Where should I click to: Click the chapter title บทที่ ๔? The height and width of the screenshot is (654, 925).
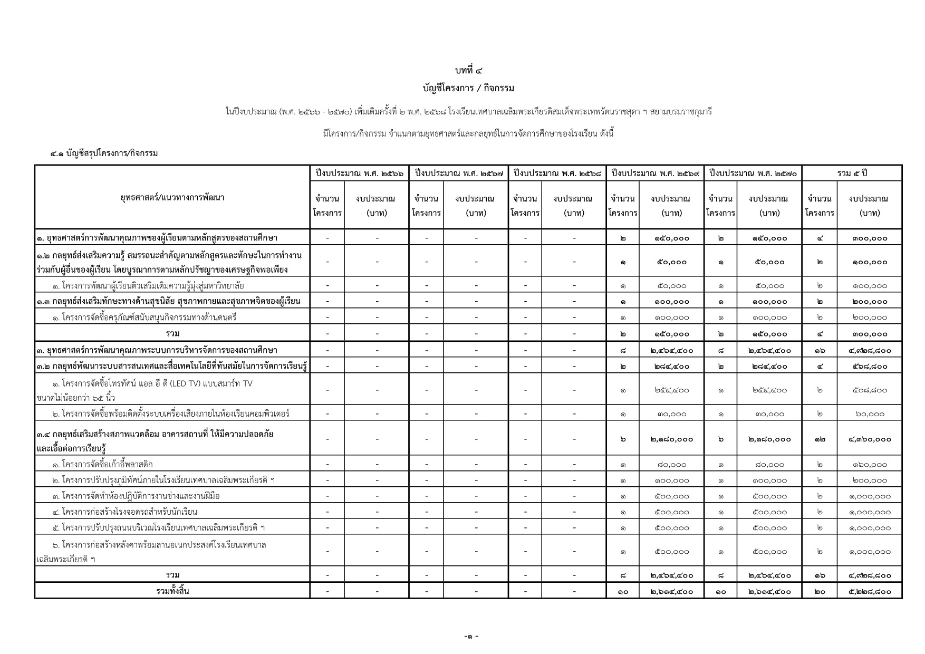pos(468,70)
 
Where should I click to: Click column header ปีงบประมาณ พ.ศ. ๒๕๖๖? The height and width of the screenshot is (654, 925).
pos(359,173)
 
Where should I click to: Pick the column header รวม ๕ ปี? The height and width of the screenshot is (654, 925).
pos(852,173)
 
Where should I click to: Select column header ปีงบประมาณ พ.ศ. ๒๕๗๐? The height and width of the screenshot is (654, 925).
pos(753,173)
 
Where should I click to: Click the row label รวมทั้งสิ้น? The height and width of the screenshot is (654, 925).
pos(172,591)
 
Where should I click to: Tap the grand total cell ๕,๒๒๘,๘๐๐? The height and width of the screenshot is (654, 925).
pos(869,591)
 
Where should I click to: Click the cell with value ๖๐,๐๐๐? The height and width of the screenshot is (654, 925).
pos(870,414)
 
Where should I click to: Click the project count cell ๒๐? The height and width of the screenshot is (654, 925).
pos(820,591)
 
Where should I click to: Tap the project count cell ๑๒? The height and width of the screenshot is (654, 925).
pos(820,439)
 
